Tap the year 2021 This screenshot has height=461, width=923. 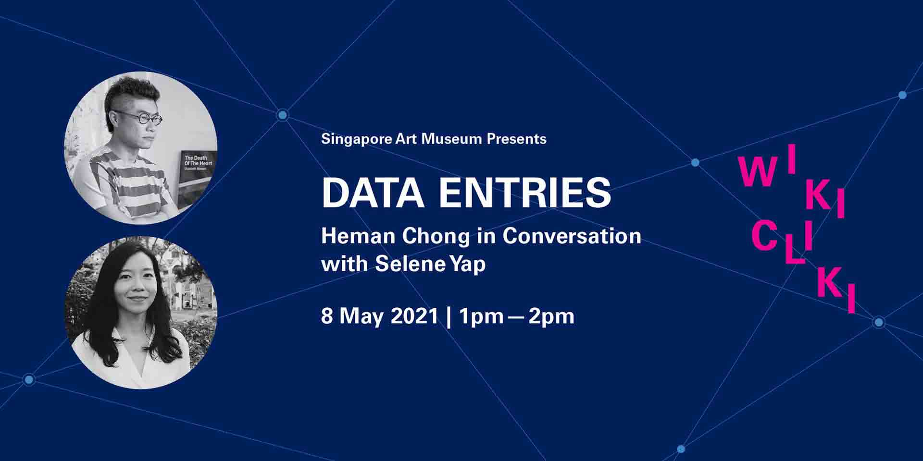click(x=414, y=316)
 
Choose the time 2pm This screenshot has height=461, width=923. click(x=551, y=317)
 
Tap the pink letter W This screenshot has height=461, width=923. click(x=758, y=172)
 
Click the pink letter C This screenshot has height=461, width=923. click(x=764, y=236)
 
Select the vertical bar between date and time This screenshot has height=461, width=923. click(x=449, y=317)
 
